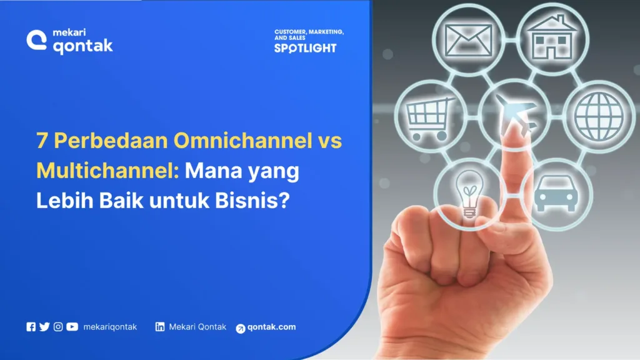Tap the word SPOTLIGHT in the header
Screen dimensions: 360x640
(305, 48)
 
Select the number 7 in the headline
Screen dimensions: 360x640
(41, 141)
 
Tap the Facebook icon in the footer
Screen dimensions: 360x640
(31, 326)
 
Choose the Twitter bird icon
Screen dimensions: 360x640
(44, 326)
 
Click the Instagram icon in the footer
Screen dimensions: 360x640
(58, 326)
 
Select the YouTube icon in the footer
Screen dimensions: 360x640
(72, 326)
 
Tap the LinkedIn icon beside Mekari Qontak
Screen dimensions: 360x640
(160, 326)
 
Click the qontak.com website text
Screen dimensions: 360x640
(271, 327)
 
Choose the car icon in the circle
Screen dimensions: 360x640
(553, 191)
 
